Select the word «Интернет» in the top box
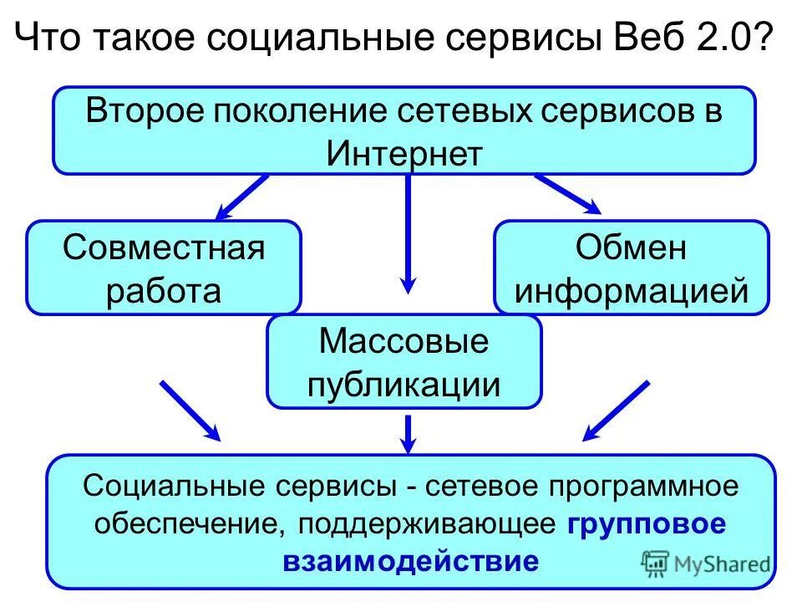pyautogui.click(x=404, y=154)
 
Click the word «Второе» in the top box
pyautogui.click(x=144, y=113)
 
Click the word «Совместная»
pyautogui.click(x=164, y=248)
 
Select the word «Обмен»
pyautogui.click(x=632, y=248)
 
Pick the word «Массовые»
pyautogui.click(x=404, y=342)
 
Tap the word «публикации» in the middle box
pyautogui.click(x=404, y=385)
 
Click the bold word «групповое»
pyautogui.click(x=647, y=524)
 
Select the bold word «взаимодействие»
pyautogui.click(x=410, y=560)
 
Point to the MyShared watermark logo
pyautogui.click(x=706, y=563)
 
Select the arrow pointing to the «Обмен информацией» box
pyautogui.click(x=568, y=193)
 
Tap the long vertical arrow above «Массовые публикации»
pyautogui.click(x=408, y=234)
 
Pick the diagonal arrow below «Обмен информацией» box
pyautogui.click(x=616, y=411)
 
